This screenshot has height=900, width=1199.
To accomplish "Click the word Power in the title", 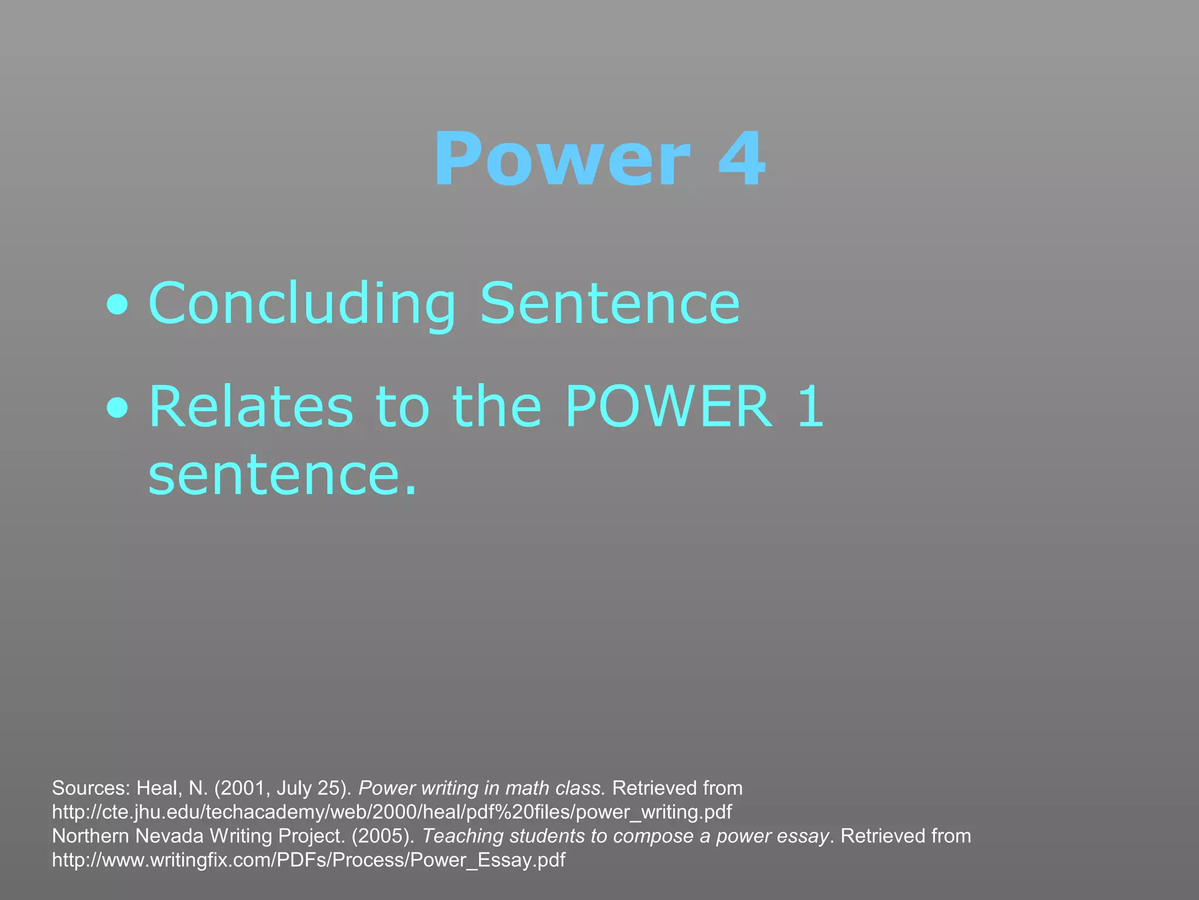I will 562,159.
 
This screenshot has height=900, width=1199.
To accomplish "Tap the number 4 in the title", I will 742,159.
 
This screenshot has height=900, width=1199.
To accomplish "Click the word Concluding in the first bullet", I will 302,304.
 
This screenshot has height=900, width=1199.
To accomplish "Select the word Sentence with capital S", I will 610,304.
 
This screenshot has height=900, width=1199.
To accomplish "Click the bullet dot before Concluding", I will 118,305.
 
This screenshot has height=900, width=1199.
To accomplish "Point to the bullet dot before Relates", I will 118,408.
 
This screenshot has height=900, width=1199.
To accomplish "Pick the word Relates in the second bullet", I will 251,407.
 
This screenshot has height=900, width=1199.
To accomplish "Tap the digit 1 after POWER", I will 811,407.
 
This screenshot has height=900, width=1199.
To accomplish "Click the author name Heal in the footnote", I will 159,788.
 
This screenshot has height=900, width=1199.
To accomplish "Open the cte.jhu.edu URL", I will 392,812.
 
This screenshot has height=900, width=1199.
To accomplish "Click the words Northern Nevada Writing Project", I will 198,836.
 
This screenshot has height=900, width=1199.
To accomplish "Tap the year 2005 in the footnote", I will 383,836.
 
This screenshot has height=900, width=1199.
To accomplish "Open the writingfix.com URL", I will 309,860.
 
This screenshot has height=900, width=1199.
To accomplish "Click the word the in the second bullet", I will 497,407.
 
